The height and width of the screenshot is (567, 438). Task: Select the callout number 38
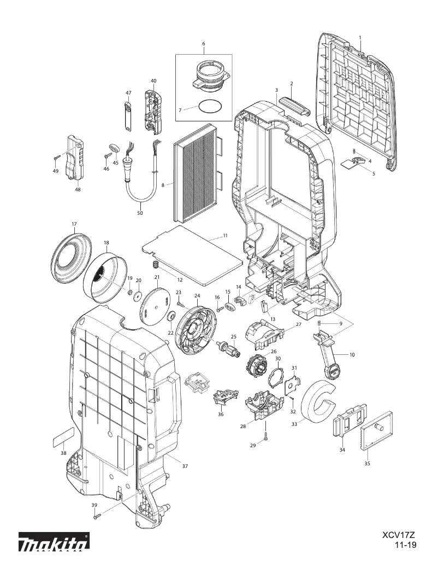63,453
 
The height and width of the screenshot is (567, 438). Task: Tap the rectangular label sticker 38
63,437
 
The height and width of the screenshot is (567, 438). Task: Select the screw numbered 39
96,515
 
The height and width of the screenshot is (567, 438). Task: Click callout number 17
74,224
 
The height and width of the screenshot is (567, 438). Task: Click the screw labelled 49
57,157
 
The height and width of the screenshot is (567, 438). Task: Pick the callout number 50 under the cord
140,213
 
